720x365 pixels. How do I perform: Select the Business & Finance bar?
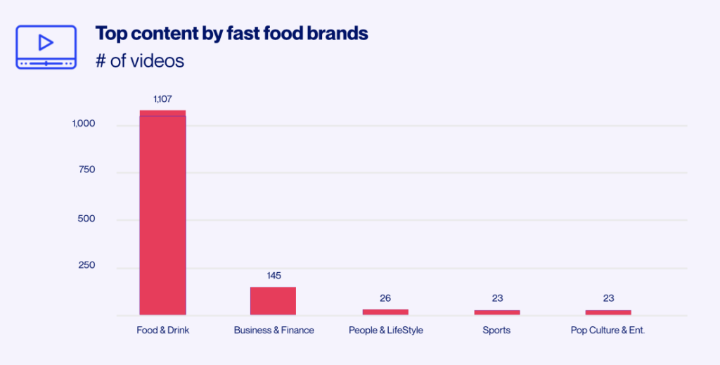click(274, 300)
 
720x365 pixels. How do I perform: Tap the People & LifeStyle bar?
click(385, 312)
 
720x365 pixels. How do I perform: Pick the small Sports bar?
click(497, 312)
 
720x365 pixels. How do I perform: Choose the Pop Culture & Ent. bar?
click(608, 312)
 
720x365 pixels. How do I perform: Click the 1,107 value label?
click(162, 99)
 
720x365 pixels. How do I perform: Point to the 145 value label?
click(274, 276)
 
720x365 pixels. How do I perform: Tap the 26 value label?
click(385, 298)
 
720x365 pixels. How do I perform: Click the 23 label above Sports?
click(497, 298)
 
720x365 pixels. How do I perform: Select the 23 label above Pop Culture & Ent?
click(608, 298)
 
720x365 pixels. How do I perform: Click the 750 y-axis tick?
click(86, 170)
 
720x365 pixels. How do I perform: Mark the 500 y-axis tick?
click(86, 219)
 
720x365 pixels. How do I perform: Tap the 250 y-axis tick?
click(86, 266)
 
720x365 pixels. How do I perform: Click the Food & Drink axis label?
click(162, 330)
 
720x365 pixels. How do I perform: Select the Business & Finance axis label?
click(274, 330)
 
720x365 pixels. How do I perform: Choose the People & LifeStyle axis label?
click(385, 330)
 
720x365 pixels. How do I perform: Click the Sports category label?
click(496, 330)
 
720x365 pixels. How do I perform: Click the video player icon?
click(46, 46)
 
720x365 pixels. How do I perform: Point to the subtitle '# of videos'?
click(139, 61)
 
